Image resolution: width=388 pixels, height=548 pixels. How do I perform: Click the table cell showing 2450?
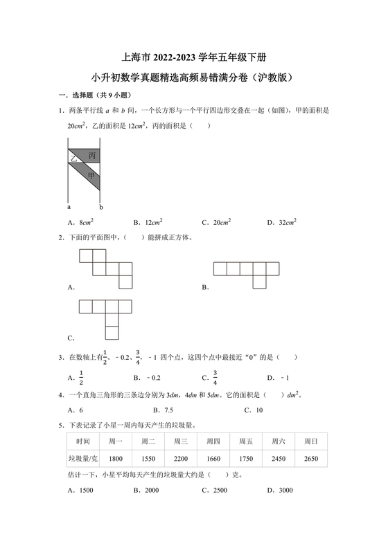click(x=279, y=458)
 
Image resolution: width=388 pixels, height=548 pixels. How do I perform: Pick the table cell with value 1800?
click(x=116, y=458)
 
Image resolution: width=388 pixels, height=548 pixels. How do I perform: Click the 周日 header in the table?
click(x=311, y=441)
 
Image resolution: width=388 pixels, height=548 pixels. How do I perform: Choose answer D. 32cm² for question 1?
click(x=281, y=222)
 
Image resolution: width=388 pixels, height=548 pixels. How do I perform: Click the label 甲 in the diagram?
click(x=91, y=176)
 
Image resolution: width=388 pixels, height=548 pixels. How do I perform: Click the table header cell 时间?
click(x=84, y=441)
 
